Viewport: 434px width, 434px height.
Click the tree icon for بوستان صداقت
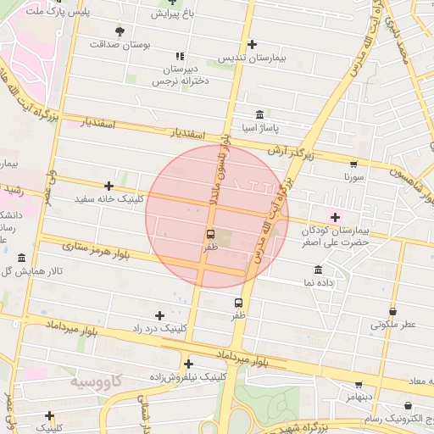click(x=119, y=31)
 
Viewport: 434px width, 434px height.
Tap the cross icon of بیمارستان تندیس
click(x=252, y=44)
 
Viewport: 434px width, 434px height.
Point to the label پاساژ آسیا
click(x=259, y=128)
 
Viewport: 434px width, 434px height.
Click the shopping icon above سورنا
click(x=353, y=164)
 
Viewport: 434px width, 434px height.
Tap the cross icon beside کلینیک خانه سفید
click(x=108, y=186)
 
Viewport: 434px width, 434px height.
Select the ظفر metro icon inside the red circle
click(x=210, y=234)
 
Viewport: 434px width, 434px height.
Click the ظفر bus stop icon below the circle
click(x=239, y=302)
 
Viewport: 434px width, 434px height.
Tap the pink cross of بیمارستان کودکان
click(x=335, y=217)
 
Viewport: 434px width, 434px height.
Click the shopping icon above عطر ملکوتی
click(x=392, y=311)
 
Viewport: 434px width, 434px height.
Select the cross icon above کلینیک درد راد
click(x=159, y=315)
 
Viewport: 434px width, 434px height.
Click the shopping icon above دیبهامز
click(x=359, y=384)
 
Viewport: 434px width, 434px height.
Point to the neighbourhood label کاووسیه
click(x=96, y=382)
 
